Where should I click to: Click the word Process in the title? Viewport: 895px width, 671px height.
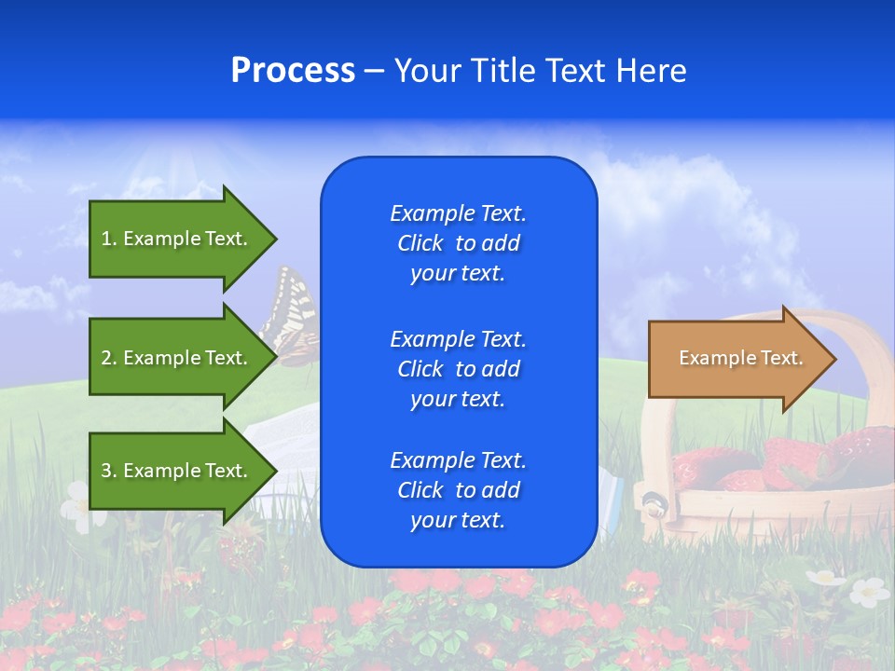pos(293,71)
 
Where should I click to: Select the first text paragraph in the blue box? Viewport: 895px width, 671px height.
pos(459,243)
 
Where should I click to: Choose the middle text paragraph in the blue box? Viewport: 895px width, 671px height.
pos(459,369)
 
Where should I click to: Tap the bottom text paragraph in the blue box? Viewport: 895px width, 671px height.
pos(459,490)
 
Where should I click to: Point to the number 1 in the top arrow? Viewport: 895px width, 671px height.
pos(106,239)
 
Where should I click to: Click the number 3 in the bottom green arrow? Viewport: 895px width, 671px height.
pos(106,471)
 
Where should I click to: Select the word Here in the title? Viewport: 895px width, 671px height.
pos(651,71)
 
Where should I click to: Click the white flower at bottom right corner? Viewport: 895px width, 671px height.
pos(869,591)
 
